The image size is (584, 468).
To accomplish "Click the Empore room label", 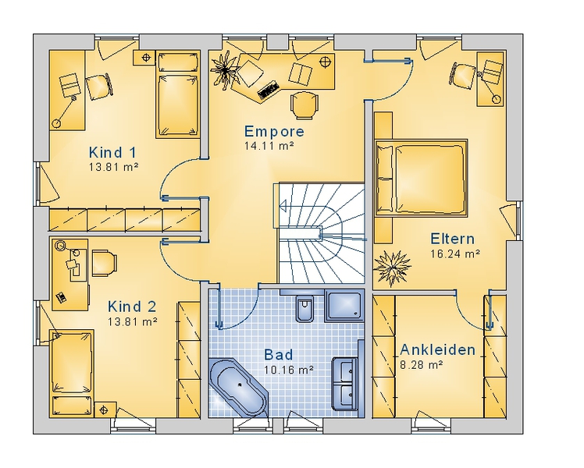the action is click(274, 131).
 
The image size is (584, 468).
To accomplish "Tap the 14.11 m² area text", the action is click(269, 145).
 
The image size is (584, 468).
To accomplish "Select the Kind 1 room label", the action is click(112, 153).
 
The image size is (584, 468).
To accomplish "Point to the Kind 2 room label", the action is click(132, 307).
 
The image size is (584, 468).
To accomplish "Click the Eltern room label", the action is click(453, 239).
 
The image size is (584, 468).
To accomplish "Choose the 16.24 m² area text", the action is click(455, 253).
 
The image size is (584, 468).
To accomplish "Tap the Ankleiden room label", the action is click(438, 349).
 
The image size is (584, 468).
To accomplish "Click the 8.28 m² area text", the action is click(422, 365).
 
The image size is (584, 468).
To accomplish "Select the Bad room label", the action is click(279, 355).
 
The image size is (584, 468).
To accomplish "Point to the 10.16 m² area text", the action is click(289, 370).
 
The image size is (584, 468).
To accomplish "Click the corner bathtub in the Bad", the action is click(238, 387).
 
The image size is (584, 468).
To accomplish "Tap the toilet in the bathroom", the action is click(305, 309).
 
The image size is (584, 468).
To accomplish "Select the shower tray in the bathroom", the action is click(344, 305).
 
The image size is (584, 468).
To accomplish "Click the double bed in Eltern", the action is click(422, 178).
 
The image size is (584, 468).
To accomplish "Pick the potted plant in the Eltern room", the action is click(392, 267).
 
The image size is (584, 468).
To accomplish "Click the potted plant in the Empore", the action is click(225, 69).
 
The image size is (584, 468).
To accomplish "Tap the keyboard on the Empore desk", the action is click(268, 90).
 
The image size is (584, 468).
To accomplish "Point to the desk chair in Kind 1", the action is click(98, 87).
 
